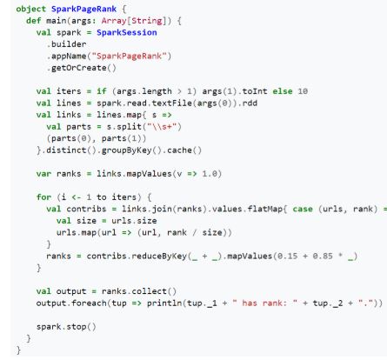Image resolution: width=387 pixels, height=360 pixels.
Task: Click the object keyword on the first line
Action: (31, 9)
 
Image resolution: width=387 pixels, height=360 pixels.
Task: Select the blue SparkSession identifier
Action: (127, 32)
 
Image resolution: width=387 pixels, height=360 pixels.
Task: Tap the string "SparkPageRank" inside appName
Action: (129, 56)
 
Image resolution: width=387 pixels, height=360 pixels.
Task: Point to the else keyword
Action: (283, 91)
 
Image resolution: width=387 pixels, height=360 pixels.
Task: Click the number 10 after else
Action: (303, 91)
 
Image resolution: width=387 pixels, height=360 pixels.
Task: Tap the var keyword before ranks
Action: (43, 174)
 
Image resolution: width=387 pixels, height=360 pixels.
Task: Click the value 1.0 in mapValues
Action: (210, 174)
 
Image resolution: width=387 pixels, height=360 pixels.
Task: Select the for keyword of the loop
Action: (43, 197)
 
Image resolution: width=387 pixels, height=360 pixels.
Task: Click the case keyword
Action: (303, 209)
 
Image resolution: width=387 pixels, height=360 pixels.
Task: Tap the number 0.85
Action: (323, 256)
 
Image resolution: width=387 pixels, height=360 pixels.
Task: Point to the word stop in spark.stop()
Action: (77, 327)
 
